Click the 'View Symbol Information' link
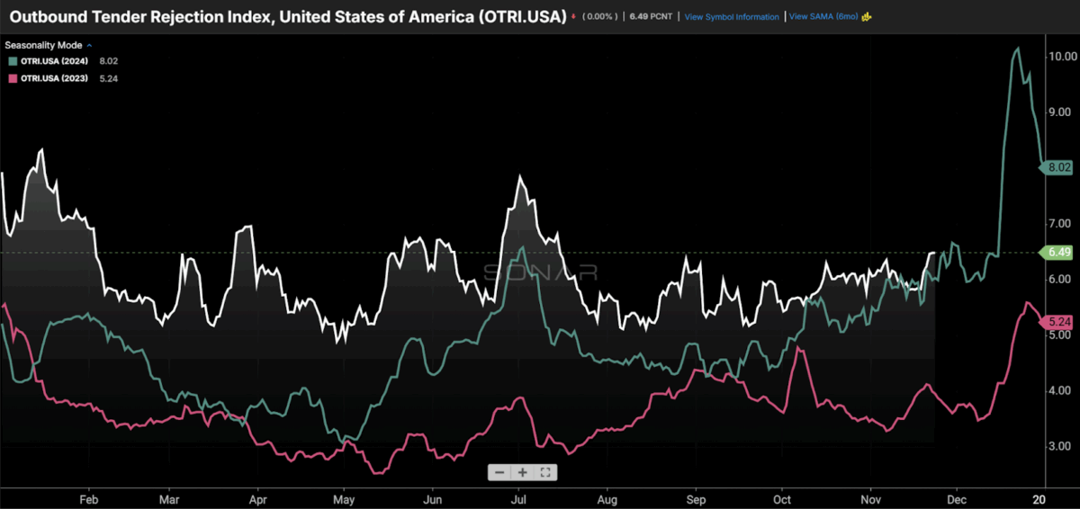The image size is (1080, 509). (731, 16)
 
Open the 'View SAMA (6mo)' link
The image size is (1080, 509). (823, 16)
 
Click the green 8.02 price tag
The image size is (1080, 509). (1057, 166)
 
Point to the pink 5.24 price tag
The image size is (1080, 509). (1057, 322)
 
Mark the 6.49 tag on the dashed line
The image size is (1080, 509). (1057, 253)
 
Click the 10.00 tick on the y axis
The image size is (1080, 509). (1063, 56)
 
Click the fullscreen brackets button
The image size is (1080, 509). (545, 472)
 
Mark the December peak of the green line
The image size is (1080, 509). (1017, 49)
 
